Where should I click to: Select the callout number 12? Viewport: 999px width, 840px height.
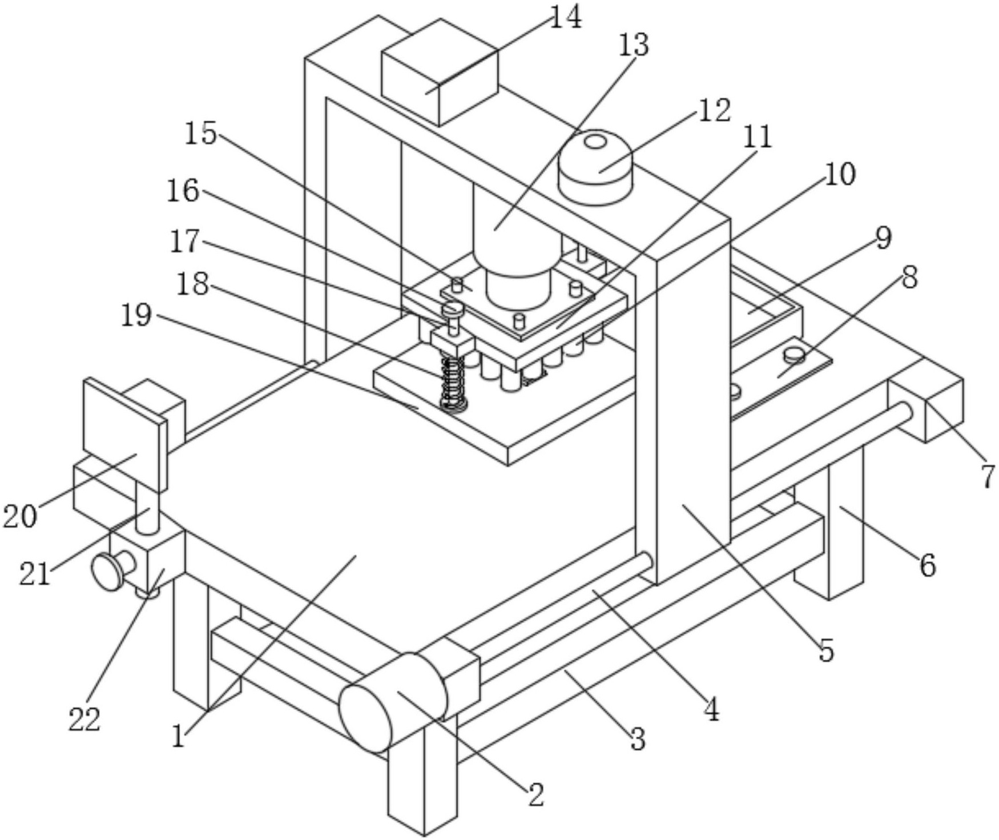tap(714, 111)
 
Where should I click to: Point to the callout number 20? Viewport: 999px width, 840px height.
tap(20, 517)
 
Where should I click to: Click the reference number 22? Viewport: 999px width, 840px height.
tap(84, 720)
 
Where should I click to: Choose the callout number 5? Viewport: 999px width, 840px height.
tap(827, 651)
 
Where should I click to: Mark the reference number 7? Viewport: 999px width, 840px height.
tap(988, 477)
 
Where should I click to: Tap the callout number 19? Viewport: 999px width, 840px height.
tap(136, 315)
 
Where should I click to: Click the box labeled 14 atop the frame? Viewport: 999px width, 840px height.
tap(440, 71)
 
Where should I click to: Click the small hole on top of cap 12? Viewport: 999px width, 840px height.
tap(595, 140)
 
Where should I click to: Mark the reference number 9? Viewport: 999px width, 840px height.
tap(883, 238)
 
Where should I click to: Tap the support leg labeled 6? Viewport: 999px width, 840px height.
tap(845, 525)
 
